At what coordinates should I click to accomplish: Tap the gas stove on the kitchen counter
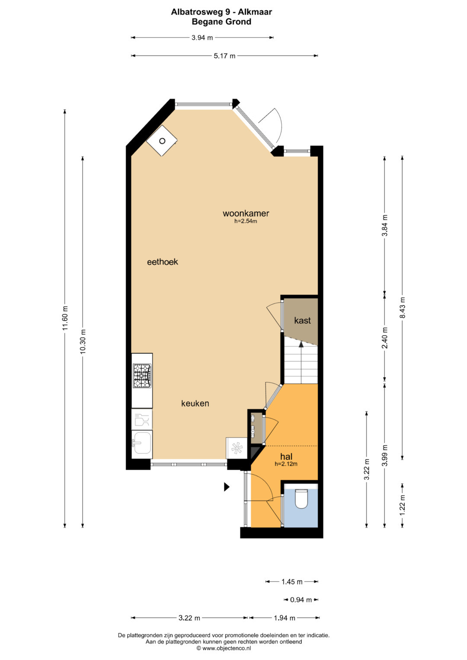point(142,376)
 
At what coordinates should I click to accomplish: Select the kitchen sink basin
point(142,443)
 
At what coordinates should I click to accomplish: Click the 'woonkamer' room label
point(246,213)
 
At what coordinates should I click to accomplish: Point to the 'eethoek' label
point(163,261)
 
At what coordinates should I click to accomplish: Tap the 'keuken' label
point(195,403)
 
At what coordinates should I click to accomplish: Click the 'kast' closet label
point(302,320)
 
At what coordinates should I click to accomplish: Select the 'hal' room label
point(286,456)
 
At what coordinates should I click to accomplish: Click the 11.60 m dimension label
point(65,318)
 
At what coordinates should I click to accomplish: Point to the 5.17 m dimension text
point(224,56)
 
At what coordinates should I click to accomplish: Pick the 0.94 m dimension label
point(301,599)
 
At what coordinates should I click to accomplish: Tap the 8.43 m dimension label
point(403,307)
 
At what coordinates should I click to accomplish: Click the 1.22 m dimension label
point(403,505)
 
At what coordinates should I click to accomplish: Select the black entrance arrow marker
point(227,487)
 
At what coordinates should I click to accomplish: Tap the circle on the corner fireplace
point(162,141)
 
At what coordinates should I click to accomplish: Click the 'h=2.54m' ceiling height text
point(246,221)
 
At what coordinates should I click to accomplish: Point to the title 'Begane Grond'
point(221,22)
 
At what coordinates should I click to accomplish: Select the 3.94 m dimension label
point(202,38)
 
